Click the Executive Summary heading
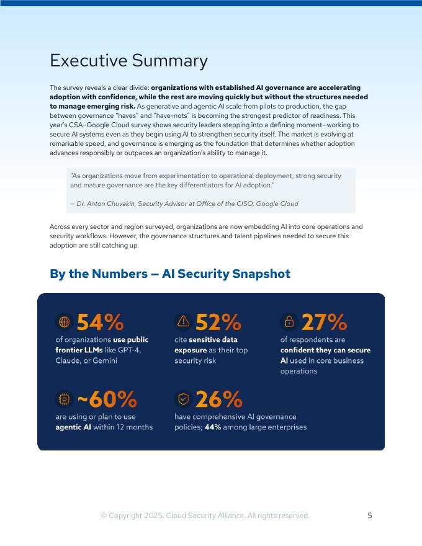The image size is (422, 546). (x=128, y=61)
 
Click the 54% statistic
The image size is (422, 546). (x=100, y=321)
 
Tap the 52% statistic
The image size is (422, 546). (x=218, y=321)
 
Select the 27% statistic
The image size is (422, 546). (x=324, y=321)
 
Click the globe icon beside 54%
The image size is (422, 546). (x=64, y=321)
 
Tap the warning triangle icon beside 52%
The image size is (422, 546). (x=183, y=321)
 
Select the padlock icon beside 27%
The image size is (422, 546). (x=289, y=321)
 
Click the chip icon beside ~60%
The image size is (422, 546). (x=64, y=398)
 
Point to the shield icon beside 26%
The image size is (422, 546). (x=183, y=398)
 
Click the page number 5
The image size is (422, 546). (x=370, y=516)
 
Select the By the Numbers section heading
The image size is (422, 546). (x=169, y=274)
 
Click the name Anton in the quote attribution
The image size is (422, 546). (x=98, y=204)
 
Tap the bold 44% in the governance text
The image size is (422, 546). (x=212, y=427)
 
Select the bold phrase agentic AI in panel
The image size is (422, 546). (x=73, y=427)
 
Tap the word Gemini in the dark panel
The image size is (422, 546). (x=104, y=360)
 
